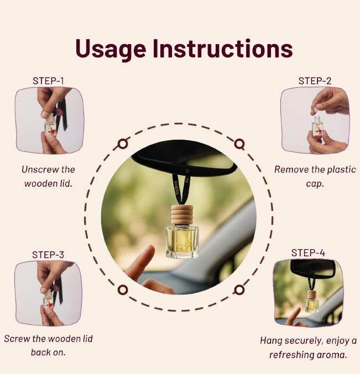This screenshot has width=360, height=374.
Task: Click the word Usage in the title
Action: tap(111, 50)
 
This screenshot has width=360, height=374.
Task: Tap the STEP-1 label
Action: tap(48, 81)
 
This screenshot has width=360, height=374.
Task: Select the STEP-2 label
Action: tap(315, 81)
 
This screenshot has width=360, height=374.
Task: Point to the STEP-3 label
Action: tap(48, 255)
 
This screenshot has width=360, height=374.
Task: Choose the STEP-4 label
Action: tap(308, 253)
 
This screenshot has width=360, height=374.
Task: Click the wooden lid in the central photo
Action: tap(182, 215)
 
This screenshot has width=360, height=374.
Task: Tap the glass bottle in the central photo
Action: tap(182, 241)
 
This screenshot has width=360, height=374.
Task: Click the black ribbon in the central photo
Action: tap(181, 189)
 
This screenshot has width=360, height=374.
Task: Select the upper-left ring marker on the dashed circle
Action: tap(123, 144)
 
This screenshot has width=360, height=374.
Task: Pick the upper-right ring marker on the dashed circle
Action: tap(239, 144)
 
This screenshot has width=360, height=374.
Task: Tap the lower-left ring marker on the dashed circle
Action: tap(123, 290)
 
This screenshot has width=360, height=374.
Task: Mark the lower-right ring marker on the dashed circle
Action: tap(239, 290)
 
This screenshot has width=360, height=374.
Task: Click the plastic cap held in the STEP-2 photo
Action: tap(315, 110)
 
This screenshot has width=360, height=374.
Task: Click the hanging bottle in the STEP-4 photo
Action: tap(312, 301)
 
